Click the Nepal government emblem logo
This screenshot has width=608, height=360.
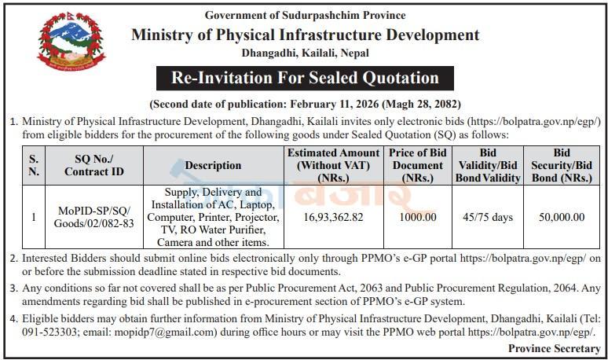pyautogui.click(x=71, y=42)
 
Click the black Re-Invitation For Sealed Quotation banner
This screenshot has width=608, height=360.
pyautogui.click(x=305, y=78)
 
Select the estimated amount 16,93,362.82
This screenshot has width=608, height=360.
pyautogui.click(x=334, y=217)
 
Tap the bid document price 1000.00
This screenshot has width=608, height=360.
pyautogui.click(x=418, y=217)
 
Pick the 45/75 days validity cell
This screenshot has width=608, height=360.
pyautogui.click(x=488, y=217)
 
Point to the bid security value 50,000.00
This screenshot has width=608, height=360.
pyautogui.click(x=562, y=217)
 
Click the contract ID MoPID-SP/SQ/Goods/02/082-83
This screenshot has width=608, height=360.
pyautogui.click(x=93, y=217)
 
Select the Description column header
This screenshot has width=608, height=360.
pyautogui.click(x=213, y=166)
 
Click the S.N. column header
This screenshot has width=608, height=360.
pyautogui.click(x=34, y=165)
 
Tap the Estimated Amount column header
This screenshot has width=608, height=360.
pyautogui.click(x=334, y=165)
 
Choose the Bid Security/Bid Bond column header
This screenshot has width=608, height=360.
pyautogui.click(x=562, y=165)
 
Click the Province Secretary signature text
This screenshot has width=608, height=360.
pyautogui.click(x=554, y=348)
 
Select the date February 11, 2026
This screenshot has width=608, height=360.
pyautogui.click(x=335, y=105)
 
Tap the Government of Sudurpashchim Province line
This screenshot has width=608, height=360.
pyautogui.click(x=305, y=16)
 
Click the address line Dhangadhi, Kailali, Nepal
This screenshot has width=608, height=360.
pyautogui.click(x=305, y=53)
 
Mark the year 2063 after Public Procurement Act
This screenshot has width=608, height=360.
pyautogui.click(x=371, y=288)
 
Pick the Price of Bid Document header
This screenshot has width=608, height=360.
pyautogui.click(x=418, y=165)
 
